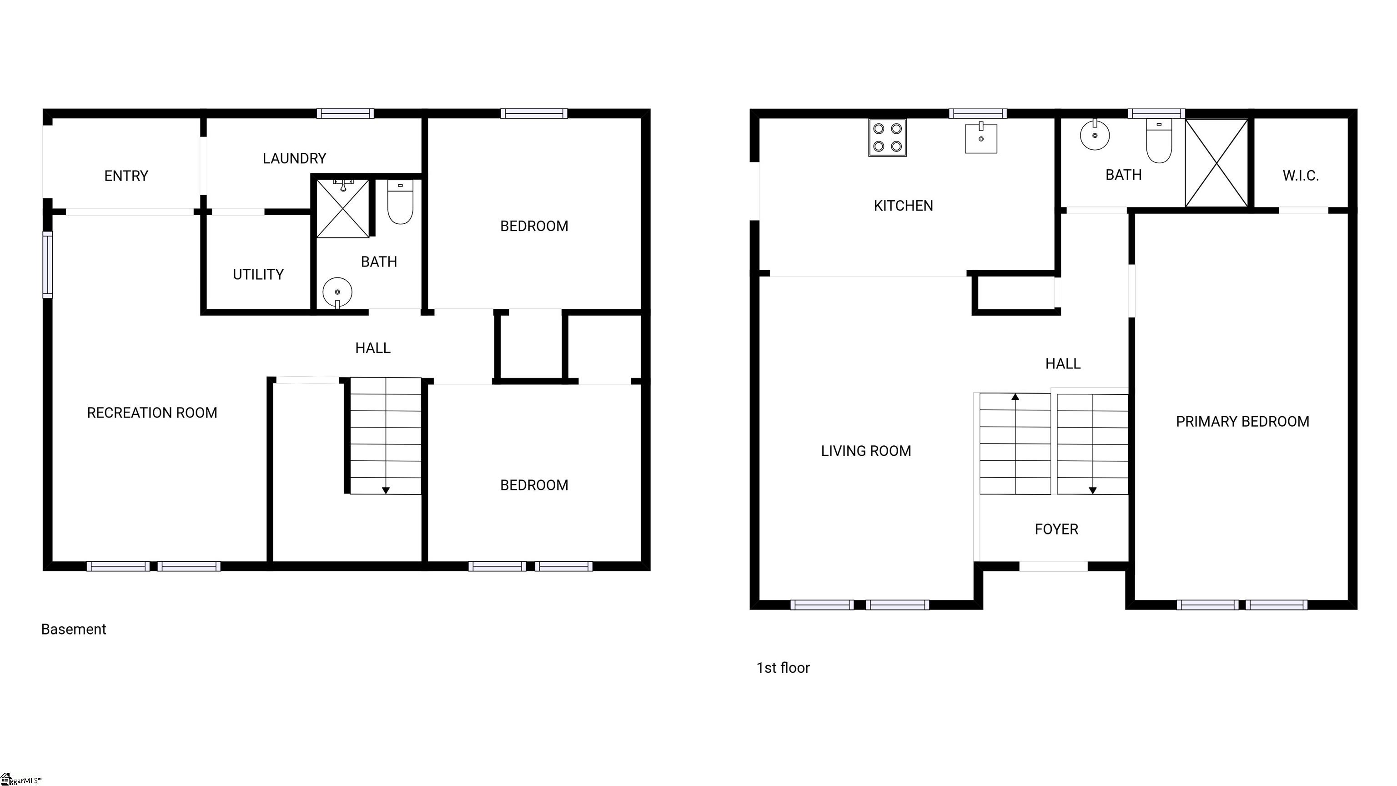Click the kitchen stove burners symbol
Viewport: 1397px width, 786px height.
[887, 138]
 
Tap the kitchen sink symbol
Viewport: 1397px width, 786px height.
[981, 138]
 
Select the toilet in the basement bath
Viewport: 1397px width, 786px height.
[400, 202]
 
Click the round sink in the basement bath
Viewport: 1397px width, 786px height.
[337, 292]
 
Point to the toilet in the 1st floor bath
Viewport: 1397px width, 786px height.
[1159, 141]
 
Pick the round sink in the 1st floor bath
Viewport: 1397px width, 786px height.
[1095, 135]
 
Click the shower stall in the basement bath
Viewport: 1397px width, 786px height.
[343, 209]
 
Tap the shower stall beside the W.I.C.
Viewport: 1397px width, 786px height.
[1217, 163]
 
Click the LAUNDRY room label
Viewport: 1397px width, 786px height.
[295, 158]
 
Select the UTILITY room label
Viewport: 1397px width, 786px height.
[258, 274]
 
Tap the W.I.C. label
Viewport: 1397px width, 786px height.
[1301, 176]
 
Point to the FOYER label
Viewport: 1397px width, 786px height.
[1056, 529]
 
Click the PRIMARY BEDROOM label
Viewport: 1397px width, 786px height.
[1242, 422]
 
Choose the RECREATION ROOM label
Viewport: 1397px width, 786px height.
[152, 413]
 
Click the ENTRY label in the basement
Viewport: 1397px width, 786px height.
[126, 176]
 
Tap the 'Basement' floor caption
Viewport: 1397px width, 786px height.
[74, 629]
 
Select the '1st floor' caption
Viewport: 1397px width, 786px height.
[783, 668]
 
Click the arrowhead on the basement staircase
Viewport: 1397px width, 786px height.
[386, 490]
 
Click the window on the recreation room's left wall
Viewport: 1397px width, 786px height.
[48, 265]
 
